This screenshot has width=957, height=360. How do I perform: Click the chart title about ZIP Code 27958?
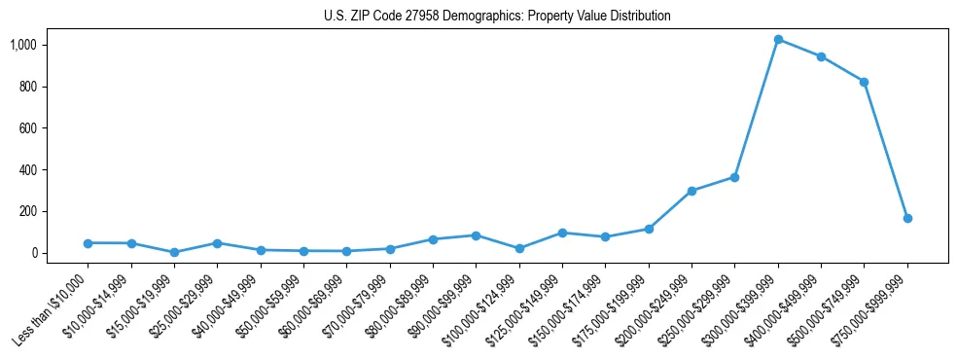tap(497, 17)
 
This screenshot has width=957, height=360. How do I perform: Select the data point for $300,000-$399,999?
tap(778, 39)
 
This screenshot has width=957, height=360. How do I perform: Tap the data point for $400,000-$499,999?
tap(821, 56)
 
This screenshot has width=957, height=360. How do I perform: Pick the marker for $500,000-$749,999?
tap(864, 82)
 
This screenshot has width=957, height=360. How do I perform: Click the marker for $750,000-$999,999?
tap(907, 218)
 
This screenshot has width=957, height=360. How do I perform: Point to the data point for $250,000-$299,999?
tap(734, 177)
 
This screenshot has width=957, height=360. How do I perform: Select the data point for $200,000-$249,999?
tap(691, 191)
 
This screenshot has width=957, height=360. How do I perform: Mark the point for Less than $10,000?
tap(88, 243)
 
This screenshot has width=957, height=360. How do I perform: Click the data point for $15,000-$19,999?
tap(174, 252)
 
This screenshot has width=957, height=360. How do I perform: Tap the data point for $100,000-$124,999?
tap(519, 248)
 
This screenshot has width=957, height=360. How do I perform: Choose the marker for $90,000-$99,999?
tap(476, 235)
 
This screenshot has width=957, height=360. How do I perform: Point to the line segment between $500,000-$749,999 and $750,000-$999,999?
tap(886, 150)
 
